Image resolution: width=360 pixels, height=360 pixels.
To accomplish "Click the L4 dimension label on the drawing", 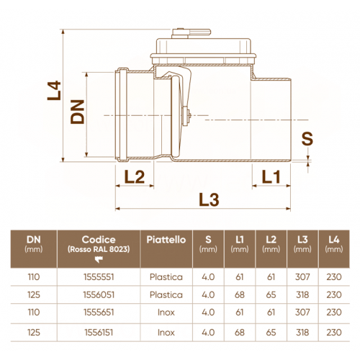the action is click(54, 91).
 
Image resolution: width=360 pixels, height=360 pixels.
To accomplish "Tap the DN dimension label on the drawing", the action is click(78, 112).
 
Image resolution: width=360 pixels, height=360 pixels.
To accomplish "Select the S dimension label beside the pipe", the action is click(307, 139).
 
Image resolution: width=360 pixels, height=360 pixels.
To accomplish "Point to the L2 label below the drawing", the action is click(135, 177).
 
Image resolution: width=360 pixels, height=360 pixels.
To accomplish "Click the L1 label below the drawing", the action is click(271, 177).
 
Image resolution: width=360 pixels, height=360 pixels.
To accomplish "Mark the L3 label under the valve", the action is click(209, 199).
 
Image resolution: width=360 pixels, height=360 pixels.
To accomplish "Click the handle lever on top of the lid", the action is click(192, 33).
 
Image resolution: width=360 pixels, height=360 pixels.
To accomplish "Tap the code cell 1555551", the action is click(99, 277).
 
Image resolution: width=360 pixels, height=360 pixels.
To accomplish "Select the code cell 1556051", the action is click(99, 294).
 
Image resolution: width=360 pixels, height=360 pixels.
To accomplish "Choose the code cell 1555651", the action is click(99, 312).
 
